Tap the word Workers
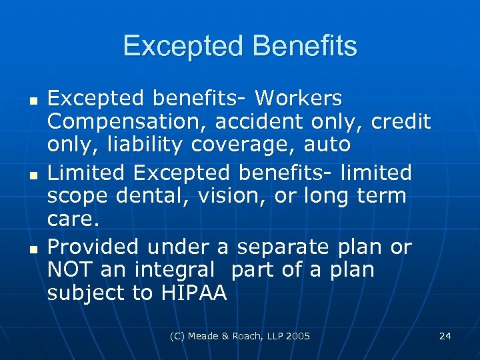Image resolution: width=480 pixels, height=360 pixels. [x=299, y=99]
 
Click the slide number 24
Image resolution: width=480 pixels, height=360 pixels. [x=445, y=336]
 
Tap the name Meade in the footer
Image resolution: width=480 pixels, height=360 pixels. [x=206, y=336]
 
